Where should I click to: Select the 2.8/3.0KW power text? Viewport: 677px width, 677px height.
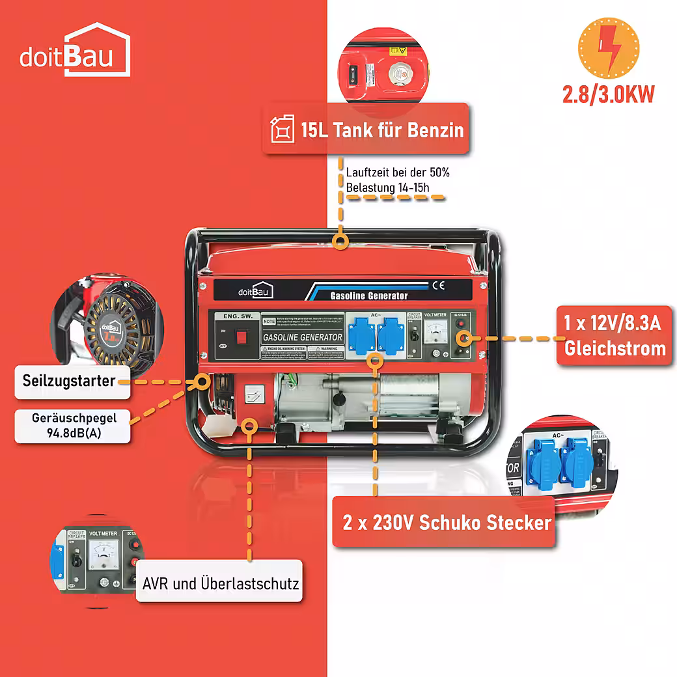609,94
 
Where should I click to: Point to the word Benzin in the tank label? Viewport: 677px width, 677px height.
435,130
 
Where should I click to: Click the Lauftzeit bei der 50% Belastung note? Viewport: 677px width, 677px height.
397,180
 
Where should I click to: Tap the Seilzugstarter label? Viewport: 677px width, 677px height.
68,380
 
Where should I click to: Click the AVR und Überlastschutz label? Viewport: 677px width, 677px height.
221,582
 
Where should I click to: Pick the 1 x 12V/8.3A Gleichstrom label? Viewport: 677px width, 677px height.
615,336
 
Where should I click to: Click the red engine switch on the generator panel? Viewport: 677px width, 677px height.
242,337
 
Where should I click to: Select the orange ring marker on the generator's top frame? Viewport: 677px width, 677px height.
338,242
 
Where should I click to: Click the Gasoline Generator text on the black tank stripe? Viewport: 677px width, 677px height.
369,296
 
